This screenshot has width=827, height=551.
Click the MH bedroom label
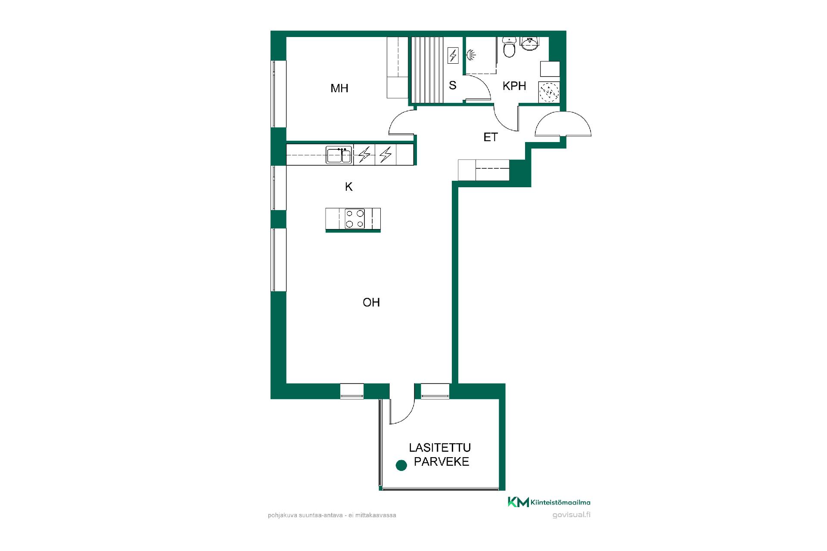tap(339, 89)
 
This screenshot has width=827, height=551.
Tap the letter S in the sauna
tap(452, 85)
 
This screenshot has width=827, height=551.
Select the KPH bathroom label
tap(514, 86)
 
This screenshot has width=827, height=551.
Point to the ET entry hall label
tap(491, 137)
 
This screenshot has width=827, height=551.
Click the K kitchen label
tap(349, 187)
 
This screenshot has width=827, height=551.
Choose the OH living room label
tap(371, 303)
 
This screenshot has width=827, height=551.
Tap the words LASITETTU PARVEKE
tap(440, 455)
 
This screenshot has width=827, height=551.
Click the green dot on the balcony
tap(401, 465)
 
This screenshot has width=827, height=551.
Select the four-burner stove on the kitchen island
tap(354, 219)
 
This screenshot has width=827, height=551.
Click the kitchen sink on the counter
tap(339, 155)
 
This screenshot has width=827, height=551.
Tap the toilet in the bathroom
tap(509, 47)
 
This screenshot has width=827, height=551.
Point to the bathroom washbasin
tap(529, 43)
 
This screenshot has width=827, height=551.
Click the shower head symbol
tap(470, 55)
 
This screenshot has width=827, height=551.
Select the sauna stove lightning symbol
tap(453, 56)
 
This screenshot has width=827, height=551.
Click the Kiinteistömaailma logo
tap(549, 502)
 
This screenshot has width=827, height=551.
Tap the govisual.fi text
tap(571, 515)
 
